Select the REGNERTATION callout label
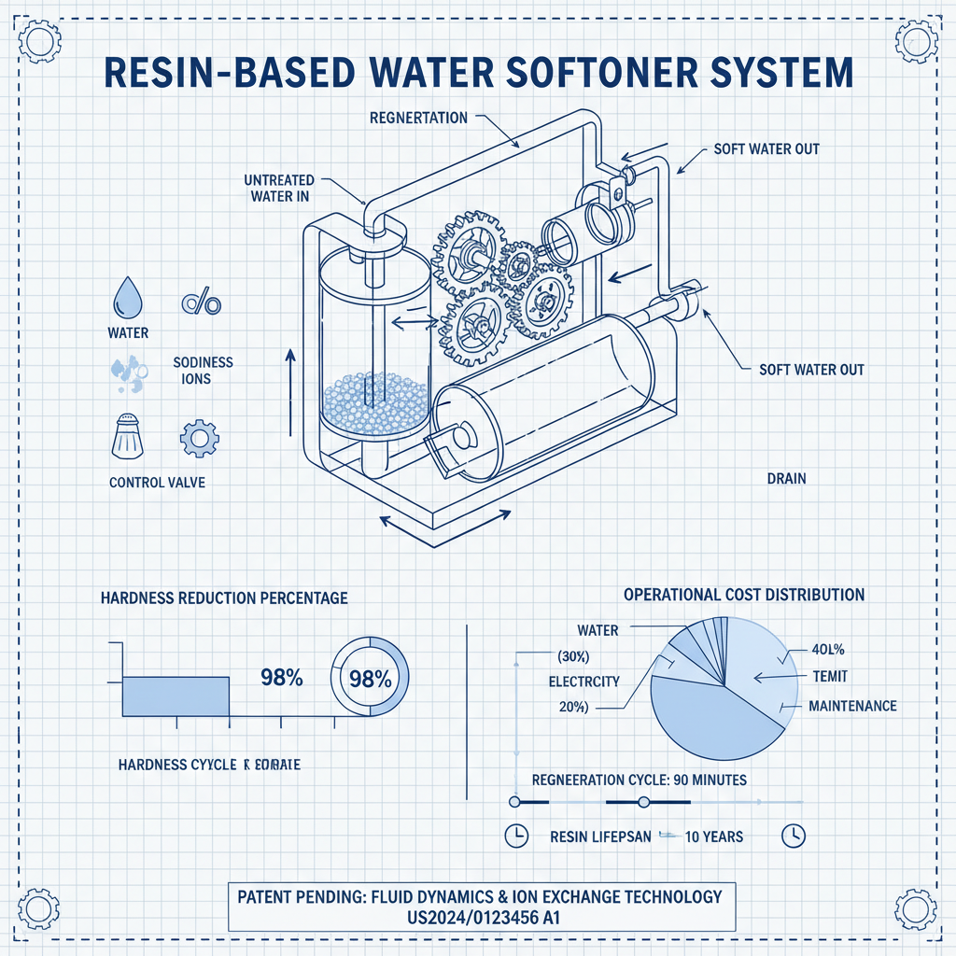pos(418,119)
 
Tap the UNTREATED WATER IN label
pos(278,188)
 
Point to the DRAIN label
pos(786,479)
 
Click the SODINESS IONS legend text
pos(203,371)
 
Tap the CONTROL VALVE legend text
pos(157,483)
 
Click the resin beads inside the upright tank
pos(373,401)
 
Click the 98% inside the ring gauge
pos(370,679)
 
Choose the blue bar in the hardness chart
pos(176,696)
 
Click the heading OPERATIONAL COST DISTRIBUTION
pos(743,595)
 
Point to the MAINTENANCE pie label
pos(852,706)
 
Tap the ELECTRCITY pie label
pos(584,682)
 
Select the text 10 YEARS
pos(714,836)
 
